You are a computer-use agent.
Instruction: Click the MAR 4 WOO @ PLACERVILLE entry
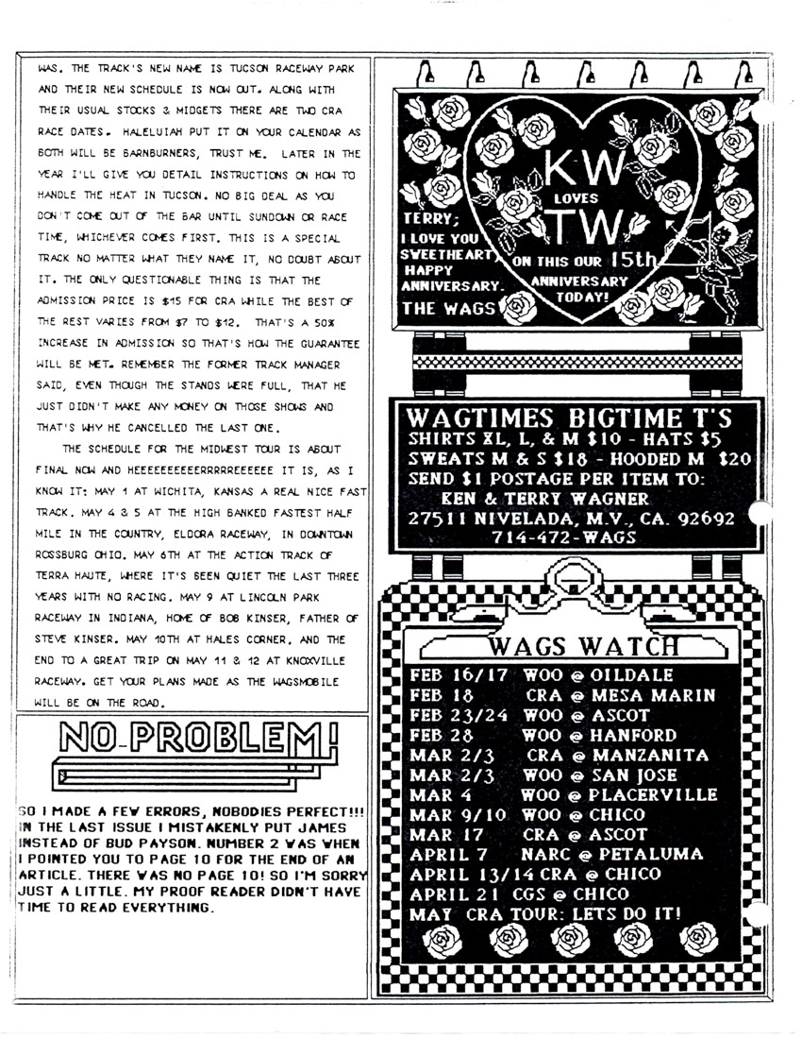[x=563, y=794]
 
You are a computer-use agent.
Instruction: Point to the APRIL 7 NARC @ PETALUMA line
[x=557, y=854]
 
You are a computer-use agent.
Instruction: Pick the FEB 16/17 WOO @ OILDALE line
[x=542, y=675]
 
